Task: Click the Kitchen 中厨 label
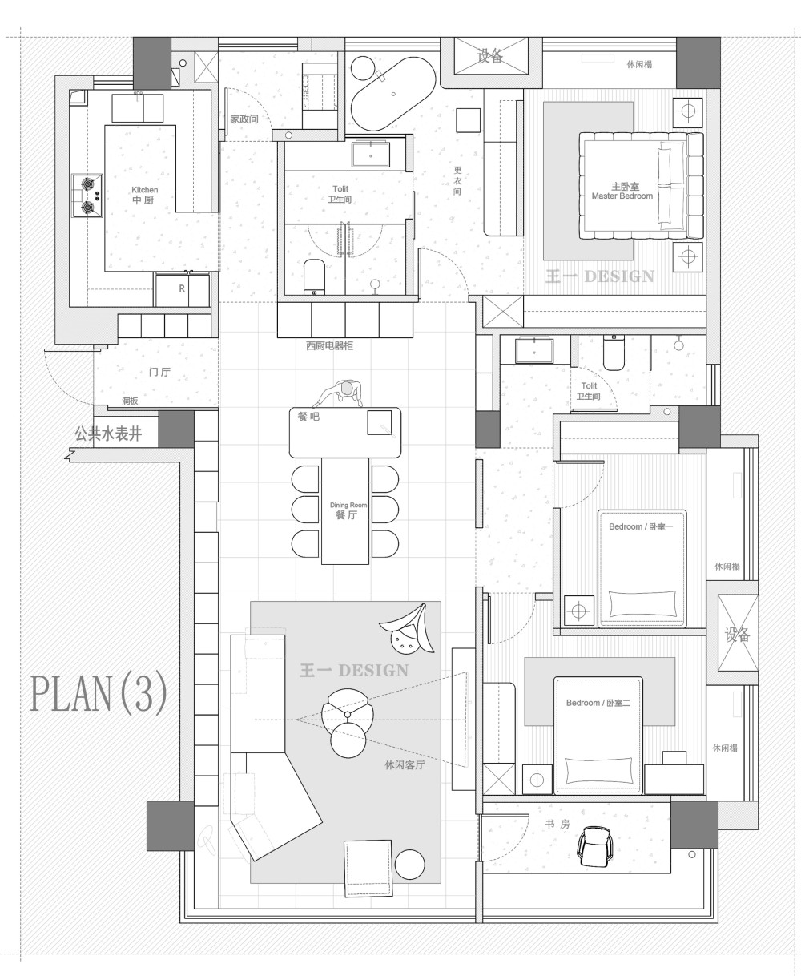144,195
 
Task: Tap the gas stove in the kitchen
87,196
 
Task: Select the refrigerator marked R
182,289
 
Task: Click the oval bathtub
392,94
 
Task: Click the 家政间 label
244,119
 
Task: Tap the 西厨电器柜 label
329,345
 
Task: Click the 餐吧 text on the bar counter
308,417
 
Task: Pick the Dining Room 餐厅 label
348,511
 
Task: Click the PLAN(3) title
99,694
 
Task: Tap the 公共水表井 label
108,434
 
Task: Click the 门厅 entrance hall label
159,372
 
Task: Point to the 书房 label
557,824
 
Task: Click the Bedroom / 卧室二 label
598,703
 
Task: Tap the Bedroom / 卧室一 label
641,526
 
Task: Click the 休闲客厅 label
405,765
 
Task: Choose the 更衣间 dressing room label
457,181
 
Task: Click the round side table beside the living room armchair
410,865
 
